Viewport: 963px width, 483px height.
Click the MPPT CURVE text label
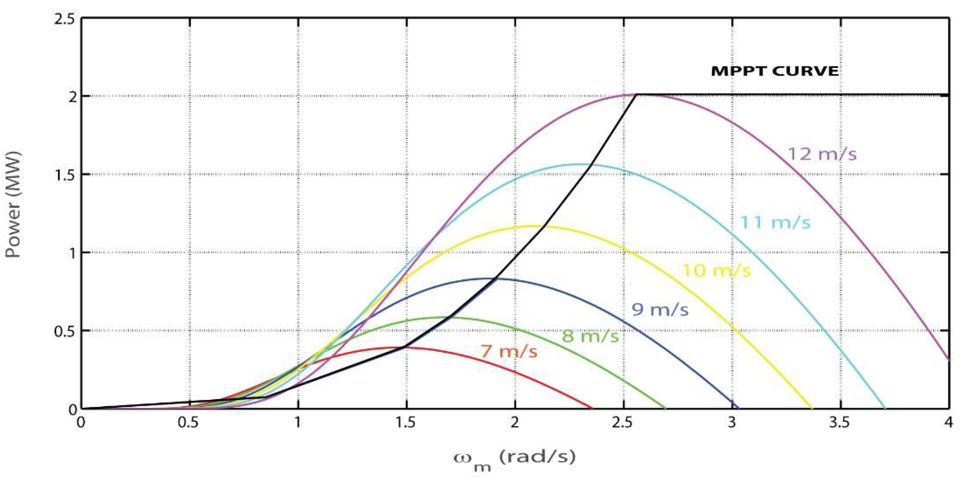[x=774, y=71]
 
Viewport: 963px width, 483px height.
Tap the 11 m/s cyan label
[x=775, y=223]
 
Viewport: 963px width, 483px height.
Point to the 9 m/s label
[x=660, y=310]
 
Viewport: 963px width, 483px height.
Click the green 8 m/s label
[x=590, y=337]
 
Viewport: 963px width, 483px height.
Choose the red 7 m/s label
[x=509, y=352]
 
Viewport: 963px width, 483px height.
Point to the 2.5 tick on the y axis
[x=64, y=20]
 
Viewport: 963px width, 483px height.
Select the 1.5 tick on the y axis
[x=64, y=174]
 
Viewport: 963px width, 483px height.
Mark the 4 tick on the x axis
[x=949, y=423]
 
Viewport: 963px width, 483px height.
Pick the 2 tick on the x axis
[x=515, y=423]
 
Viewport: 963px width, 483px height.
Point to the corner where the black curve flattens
[x=636, y=95]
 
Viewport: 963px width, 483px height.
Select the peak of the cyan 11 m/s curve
[x=578, y=164]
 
